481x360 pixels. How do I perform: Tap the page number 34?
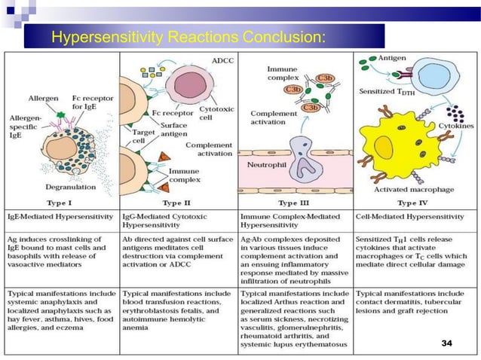(x=446, y=343)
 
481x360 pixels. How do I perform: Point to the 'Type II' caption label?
(x=179, y=202)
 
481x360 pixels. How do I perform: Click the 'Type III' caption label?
(x=296, y=202)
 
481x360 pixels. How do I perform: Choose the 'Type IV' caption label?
(x=412, y=202)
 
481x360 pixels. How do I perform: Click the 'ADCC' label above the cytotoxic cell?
(x=223, y=59)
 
